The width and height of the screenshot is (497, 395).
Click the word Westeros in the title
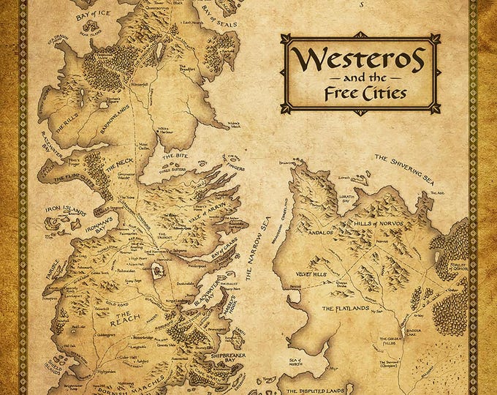coord(360,56)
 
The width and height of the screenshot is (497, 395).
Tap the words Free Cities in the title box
coord(360,93)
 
